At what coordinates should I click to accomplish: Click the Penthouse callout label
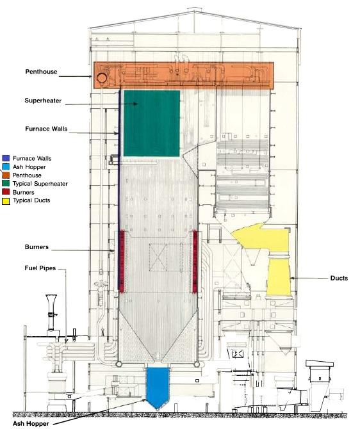[x=42, y=72]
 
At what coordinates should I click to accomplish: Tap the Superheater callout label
[x=43, y=101]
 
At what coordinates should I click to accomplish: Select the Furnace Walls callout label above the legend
[x=46, y=129]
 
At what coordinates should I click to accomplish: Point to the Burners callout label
[x=37, y=247]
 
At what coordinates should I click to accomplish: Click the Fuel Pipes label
[x=40, y=268]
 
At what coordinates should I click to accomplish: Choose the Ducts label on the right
[x=339, y=278]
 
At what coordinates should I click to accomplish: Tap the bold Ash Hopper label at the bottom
[x=31, y=423]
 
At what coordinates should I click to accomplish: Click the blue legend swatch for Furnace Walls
[x=6, y=158]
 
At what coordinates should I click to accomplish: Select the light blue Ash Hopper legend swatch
[x=6, y=166]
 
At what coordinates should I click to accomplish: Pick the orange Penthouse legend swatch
[x=6, y=175]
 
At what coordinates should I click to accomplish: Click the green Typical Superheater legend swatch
[x=6, y=184]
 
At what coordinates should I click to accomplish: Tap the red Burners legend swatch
[x=6, y=192]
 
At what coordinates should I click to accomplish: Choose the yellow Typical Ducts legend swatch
[x=6, y=201]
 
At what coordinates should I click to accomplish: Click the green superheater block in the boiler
[x=152, y=124]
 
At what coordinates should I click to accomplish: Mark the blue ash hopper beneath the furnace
[x=158, y=387]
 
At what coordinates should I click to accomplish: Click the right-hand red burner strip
[x=195, y=262]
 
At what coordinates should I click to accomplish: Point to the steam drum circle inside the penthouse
[x=102, y=78]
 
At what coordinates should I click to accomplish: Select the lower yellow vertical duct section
[x=279, y=277]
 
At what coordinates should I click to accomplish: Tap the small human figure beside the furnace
[x=102, y=331]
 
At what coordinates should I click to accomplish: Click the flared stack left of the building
[x=51, y=312]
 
